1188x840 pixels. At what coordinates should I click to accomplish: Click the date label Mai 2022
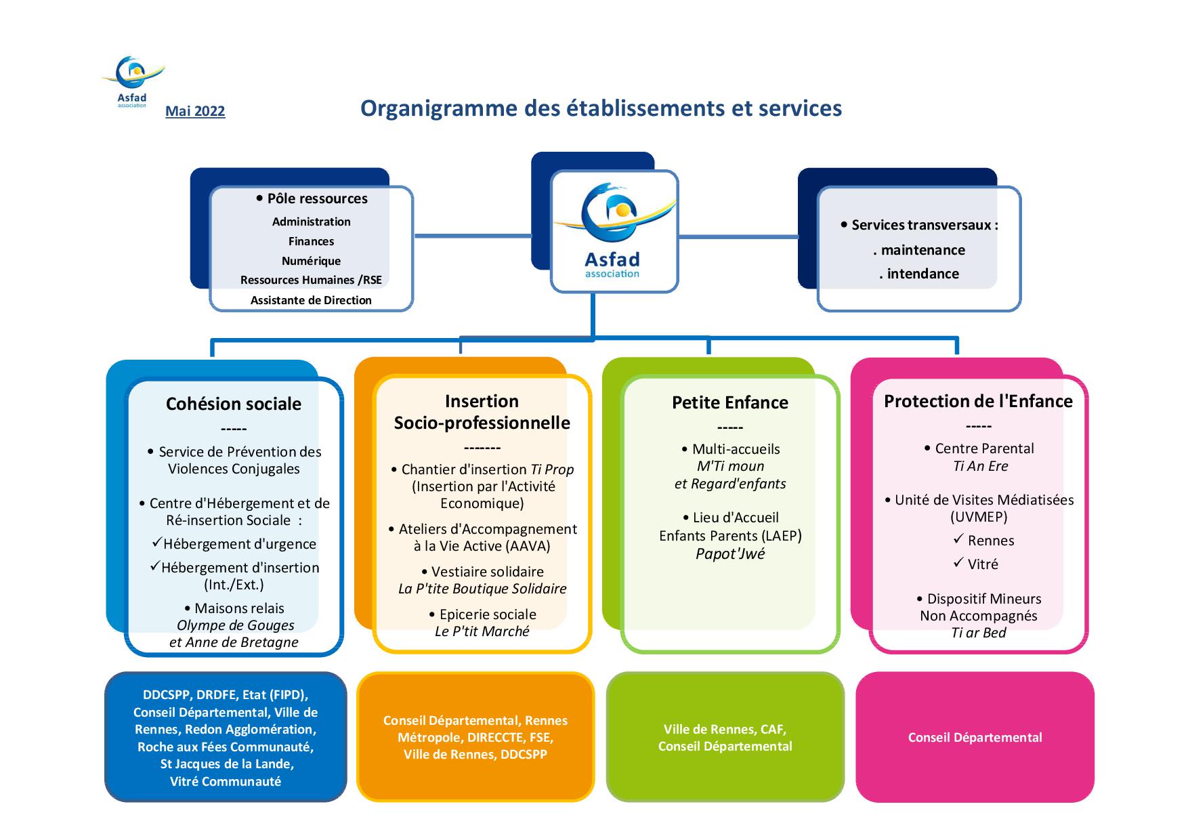tap(195, 111)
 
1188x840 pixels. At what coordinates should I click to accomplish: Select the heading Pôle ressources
tap(317, 198)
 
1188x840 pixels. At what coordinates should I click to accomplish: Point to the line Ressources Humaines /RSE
tap(311, 280)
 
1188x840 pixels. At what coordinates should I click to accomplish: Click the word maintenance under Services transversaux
tap(922, 250)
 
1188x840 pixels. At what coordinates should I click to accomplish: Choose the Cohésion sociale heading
tap(234, 404)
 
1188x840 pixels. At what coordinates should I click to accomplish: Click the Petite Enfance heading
tap(730, 402)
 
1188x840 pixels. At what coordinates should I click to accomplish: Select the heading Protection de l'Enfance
tap(978, 401)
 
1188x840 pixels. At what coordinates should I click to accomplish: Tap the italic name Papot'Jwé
tap(730, 553)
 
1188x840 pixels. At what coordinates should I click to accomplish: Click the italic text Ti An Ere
tap(980, 466)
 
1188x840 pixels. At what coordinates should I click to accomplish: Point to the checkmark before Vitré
tap(958, 563)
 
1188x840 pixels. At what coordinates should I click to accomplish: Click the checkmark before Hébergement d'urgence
tap(156, 543)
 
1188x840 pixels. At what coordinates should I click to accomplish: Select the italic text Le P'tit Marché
tap(482, 631)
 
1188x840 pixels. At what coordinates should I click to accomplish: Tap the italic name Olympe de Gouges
tap(235, 625)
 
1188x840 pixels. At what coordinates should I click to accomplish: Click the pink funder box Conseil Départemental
tap(975, 737)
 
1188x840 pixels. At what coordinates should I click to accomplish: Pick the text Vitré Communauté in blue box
tap(226, 781)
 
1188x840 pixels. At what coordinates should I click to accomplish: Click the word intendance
tap(922, 274)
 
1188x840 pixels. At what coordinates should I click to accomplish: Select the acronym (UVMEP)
tap(979, 517)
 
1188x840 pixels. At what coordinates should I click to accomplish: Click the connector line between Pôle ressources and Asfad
tap(472, 236)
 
